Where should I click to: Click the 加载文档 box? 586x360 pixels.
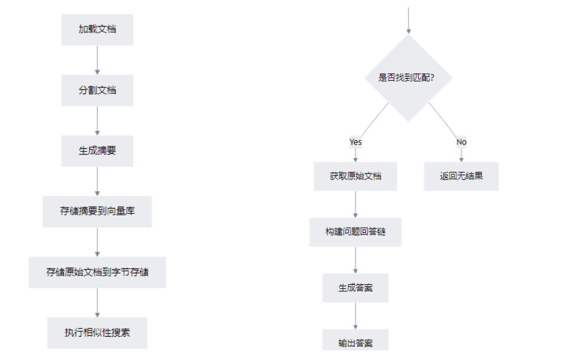point(97,30)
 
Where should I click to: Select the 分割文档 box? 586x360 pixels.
point(97,90)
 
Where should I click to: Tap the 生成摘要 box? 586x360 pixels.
point(97,150)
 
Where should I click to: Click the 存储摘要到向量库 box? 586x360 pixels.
point(97,211)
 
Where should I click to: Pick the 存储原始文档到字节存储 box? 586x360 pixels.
point(97,272)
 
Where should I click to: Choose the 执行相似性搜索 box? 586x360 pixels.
point(97,332)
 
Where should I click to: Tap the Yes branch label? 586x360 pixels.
point(355,142)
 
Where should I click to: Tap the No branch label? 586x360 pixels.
point(461,142)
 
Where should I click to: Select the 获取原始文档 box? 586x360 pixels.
point(355,176)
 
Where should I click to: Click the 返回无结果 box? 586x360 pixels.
point(461,176)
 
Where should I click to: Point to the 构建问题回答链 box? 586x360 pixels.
point(355,232)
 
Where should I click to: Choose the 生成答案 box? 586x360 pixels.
point(355,287)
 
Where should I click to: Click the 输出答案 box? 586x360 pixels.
point(355,342)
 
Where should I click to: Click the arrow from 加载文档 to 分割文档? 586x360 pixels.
point(97,60)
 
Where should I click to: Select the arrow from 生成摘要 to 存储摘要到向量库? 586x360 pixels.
point(97,181)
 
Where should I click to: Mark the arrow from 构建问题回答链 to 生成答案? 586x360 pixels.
point(355,260)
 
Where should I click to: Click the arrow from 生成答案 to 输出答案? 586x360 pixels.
point(355,316)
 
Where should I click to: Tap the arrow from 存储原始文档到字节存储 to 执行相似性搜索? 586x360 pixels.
point(97,302)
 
